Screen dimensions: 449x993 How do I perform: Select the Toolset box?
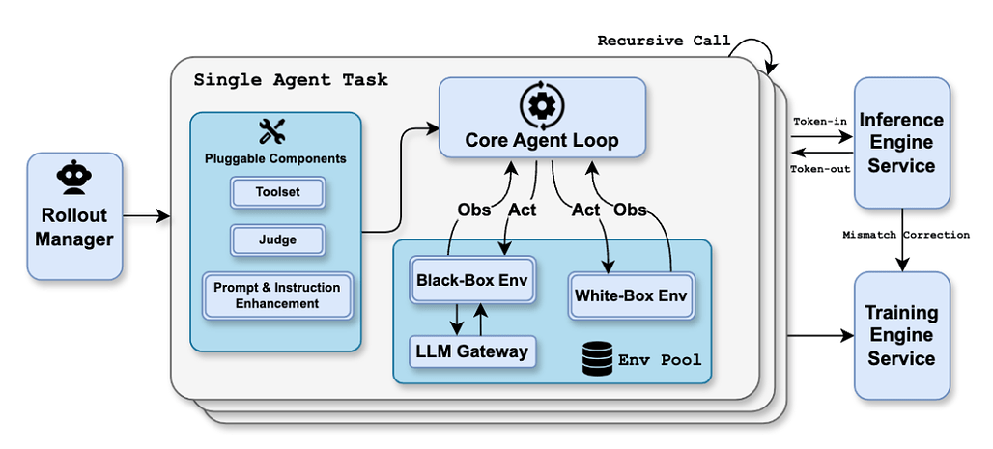[x=277, y=192]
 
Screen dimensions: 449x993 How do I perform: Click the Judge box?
[x=277, y=239]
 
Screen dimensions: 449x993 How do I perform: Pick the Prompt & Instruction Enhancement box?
[x=277, y=295]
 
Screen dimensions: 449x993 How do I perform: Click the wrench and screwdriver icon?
[x=275, y=132]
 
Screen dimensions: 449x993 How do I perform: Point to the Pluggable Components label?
[x=275, y=158]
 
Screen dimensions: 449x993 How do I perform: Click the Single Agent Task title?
[x=291, y=79]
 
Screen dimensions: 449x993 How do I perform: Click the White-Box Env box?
[x=631, y=295]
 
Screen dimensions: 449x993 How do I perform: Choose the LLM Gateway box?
[x=472, y=351]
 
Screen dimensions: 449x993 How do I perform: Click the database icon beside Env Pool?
[x=598, y=359]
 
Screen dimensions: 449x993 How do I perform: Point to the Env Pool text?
[x=661, y=360]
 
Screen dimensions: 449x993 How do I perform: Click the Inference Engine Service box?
[x=901, y=143]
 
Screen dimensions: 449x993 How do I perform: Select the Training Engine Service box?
[x=900, y=335]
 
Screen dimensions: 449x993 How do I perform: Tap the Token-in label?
[x=821, y=122]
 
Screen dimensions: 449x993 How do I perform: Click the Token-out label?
[x=820, y=168]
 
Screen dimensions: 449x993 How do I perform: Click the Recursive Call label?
[x=664, y=41]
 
